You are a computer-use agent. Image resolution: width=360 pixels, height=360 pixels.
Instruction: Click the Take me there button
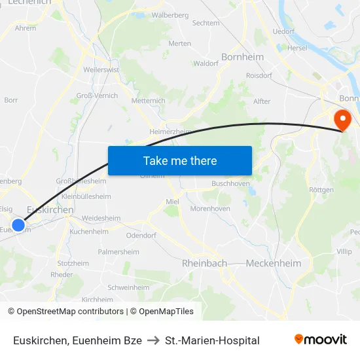tap(180, 160)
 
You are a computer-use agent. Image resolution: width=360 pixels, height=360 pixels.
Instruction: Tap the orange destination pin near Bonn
tap(342, 119)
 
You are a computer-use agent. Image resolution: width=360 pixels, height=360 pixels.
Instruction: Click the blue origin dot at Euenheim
tap(18, 226)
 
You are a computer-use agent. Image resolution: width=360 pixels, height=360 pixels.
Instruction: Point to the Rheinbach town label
tap(204, 263)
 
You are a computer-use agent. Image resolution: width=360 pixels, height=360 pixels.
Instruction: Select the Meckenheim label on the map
tap(274, 263)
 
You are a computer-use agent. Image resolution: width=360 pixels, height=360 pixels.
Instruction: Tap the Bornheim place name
tap(243, 57)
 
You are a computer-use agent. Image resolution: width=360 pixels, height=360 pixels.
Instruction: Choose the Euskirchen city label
tap(50, 209)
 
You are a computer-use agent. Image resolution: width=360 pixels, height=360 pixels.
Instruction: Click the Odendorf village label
tap(141, 234)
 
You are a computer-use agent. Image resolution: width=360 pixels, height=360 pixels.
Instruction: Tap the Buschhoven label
tap(230, 184)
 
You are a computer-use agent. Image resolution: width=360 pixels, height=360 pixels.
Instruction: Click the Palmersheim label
tap(118, 251)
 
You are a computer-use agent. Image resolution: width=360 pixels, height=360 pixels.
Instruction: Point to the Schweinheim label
tap(128, 287)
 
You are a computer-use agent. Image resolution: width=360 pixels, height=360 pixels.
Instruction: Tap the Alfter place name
tap(262, 101)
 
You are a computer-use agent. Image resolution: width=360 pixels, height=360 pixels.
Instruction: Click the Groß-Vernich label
tap(98, 96)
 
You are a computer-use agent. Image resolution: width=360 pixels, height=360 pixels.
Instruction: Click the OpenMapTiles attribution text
tap(166, 312)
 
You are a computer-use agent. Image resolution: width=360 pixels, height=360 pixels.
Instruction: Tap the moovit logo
tap(321, 340)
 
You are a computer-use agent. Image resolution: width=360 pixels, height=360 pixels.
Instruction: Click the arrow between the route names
tap(154, 340)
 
